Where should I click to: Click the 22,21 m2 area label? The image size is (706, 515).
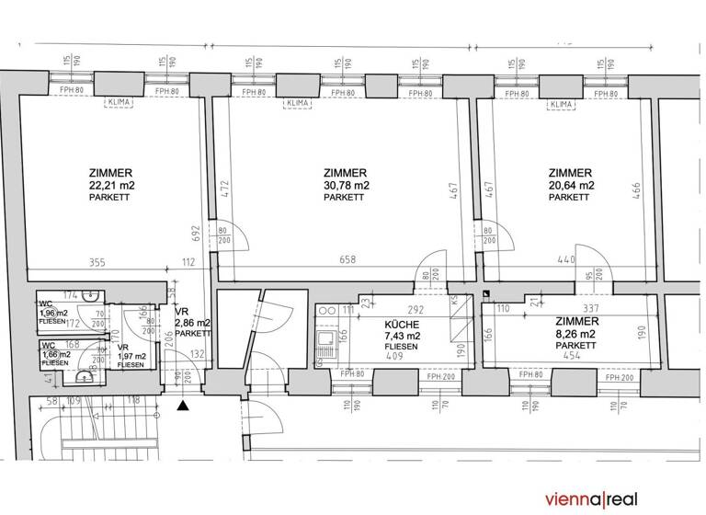coord(110,185)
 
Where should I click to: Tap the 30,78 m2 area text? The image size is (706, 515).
coord(347,185)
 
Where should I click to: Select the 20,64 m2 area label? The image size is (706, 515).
coord(571,185)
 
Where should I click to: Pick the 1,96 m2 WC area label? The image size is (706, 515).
coord(53,313)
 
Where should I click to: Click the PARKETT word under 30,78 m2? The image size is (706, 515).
coord(347,197)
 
